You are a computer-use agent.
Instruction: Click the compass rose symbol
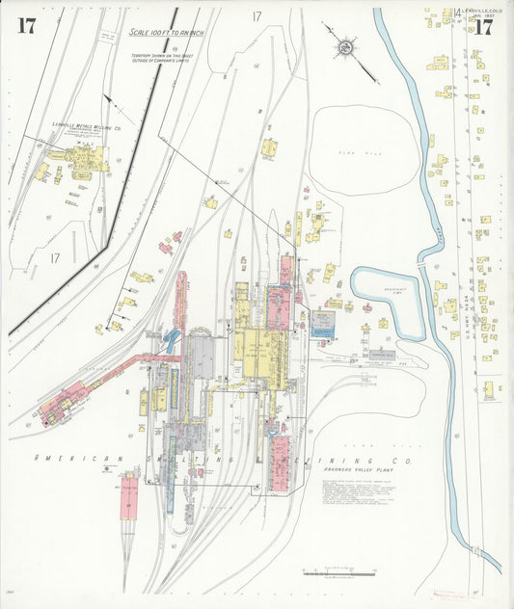(343, 47)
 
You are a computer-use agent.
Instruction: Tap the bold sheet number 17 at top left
(26, 26)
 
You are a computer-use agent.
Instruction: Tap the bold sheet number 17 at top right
(482, 27)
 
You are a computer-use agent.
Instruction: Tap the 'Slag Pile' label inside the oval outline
(348, 152)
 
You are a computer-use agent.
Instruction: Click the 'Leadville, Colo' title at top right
(482, 12)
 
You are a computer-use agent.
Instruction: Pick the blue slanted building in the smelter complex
(172, 337)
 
